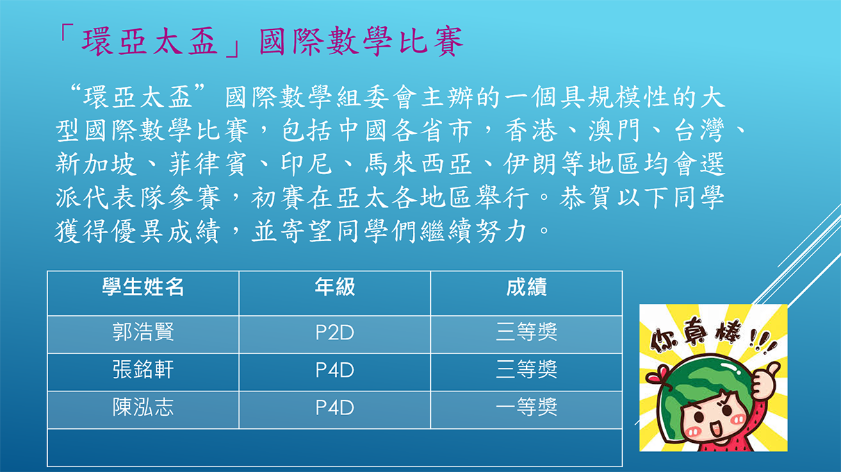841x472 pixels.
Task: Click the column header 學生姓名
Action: (x=143, y=287)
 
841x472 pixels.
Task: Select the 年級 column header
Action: (x=334, y=287)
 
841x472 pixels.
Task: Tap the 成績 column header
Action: (x=526, y=287)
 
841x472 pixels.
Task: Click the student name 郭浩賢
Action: (x=143, y=332)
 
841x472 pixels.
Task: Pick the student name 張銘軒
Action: (x=143, y=370)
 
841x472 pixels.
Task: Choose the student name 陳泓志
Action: (x=143, y=407)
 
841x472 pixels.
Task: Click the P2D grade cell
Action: (x=334, y=332)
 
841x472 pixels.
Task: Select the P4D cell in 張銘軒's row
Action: (x=334, y=370)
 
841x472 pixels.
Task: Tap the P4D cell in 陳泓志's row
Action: (x=334, y=407)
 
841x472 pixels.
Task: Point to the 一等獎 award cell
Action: (x=526, y=407)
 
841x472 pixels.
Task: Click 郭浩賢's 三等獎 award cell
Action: (x=526, y=332)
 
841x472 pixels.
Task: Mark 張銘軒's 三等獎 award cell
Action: (x=526, y=370)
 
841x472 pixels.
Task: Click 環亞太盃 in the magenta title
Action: (x=150, y=41)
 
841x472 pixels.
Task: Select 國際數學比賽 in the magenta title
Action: (x=361, y=41)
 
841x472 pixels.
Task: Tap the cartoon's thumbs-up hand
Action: (x=764, y=380)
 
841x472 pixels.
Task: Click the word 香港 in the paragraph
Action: (x=530, y=130)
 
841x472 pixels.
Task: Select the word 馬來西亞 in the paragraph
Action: (x=418, y=165)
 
